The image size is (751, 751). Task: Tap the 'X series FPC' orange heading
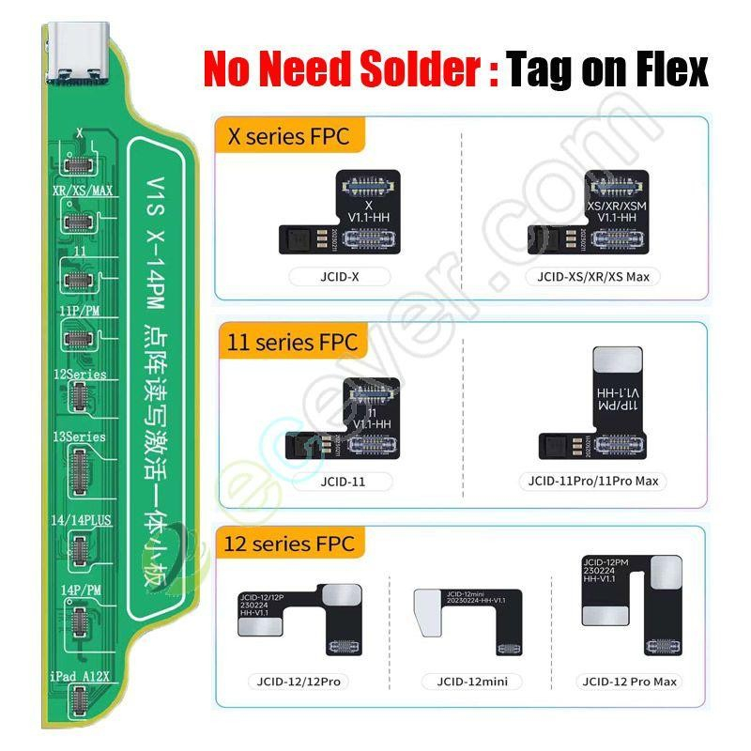(289, 136)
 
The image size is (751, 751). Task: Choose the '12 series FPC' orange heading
(291, 543)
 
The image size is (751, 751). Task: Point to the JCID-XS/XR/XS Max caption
(593, 277)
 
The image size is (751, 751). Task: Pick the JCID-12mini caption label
(466, 681)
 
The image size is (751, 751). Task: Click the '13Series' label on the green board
(80, 437)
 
